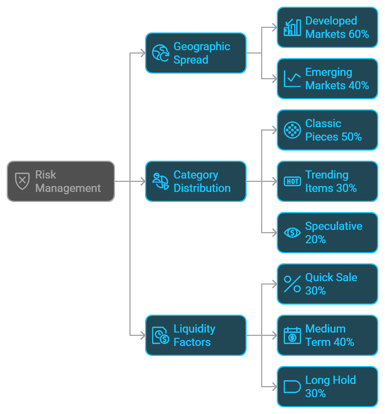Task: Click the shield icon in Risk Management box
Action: coord(22,181)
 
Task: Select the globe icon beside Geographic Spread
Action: coord(161,53)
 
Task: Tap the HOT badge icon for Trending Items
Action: coord(292,181)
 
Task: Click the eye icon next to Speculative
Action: coord(292,232)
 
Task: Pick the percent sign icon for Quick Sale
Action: coord(292,284)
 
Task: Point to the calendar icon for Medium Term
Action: coord(292,335)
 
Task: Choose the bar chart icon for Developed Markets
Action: coord(292,27)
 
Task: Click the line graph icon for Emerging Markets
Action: coord(292,78)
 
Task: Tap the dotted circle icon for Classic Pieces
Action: coord(292,130)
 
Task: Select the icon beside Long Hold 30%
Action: coord(292,386)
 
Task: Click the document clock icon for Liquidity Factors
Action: coord(161,335)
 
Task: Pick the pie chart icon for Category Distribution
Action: coord(161,181)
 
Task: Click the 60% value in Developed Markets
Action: coord(359,34)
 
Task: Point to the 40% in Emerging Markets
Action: coord(359,86)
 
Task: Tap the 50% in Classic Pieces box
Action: coord(351,137)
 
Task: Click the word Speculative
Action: coord(334,226)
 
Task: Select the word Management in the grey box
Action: coord(68,188)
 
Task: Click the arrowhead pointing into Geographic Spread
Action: coord(142,53)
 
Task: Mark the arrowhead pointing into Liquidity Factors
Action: coord(142,336)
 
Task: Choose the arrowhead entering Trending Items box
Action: coord(275,182)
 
